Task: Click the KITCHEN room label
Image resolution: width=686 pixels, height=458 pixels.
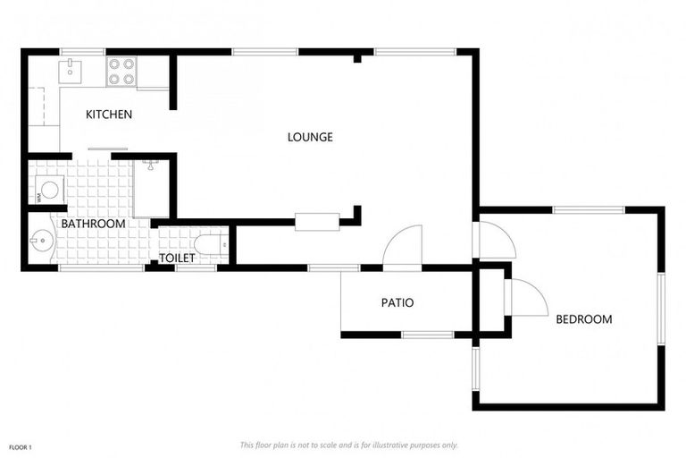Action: tap(109, 114)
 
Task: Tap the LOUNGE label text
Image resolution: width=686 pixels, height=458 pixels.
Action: tap(310, 137)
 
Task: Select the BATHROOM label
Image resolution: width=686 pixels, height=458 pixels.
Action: tap(93, 223)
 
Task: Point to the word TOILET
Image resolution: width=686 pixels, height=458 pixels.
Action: tap(177, 259)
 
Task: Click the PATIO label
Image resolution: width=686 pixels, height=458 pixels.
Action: tap(397, 302)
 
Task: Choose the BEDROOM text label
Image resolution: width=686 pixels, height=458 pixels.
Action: tap(583, 319)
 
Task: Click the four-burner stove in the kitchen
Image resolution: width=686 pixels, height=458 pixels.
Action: tap(121, 72)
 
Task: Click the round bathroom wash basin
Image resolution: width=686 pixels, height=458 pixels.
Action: tap(41, 240)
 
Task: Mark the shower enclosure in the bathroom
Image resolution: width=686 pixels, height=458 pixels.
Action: tap(151, 186)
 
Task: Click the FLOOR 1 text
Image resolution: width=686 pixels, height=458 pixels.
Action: tap(21, 445)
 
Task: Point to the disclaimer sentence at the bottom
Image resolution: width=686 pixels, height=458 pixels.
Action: tap(348, 445)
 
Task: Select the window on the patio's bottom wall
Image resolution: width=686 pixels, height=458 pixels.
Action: tap(427, 335)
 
